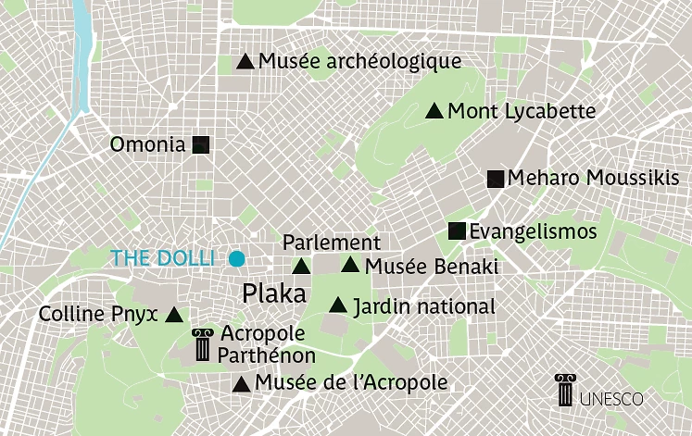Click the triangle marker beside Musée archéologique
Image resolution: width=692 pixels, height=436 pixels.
tap(245, 62)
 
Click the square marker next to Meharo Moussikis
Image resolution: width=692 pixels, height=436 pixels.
tap(496, 180)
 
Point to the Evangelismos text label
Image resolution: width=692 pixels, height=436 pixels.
tap(533, 231)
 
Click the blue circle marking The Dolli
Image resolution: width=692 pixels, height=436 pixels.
tap(237, 258)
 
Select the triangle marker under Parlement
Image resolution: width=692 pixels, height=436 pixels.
tap(301, 268)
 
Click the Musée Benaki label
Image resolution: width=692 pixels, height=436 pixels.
tap(431, 267)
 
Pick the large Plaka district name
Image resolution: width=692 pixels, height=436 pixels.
tap(273, 294)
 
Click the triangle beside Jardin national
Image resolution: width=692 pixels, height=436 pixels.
tap(338, 305)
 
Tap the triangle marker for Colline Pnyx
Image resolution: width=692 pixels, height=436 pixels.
tap(173, 315)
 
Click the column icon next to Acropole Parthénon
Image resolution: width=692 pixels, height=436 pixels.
tap(201, 344)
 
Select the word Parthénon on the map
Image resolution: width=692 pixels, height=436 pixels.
tap(268, 355)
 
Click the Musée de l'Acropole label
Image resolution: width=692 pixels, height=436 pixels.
tap(351, 382)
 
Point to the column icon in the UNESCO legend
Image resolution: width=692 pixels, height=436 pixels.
tap(564, 391)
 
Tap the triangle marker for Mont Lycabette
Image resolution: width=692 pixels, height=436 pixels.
tap(434, 112)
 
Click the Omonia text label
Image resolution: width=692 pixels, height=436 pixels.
tap(149, 145)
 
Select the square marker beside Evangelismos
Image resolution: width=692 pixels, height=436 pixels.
tap(457, 231)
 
